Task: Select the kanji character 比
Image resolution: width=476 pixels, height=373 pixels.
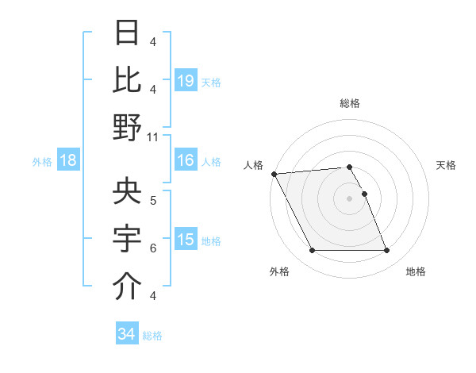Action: pyautogui.click(x=127, y=79)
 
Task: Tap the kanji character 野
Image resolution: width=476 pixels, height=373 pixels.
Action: pyautogui.click(x=127, y=127)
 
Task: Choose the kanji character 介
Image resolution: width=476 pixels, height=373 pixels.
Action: pyautogui.click(x=127, y=286)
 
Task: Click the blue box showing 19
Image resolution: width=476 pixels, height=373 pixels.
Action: pyautogui.click(x=185, y=80)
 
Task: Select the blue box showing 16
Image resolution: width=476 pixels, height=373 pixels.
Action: pyautogui.click(x=185, y=161)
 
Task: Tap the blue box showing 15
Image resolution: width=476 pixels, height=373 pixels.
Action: pyautogui.click(x=185, y=240)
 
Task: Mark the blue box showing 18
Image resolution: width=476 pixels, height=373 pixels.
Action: pyautogui.click(x=68, y=161)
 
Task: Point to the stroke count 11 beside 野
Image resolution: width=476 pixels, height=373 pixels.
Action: pyautogui.click(x=153, y=136)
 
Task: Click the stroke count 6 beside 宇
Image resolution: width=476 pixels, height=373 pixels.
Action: pyautogui.click(x=153, y=248)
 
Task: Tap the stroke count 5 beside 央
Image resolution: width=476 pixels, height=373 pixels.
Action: pyautogui.click(x=153, y=200)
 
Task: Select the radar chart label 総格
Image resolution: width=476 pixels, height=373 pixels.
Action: pyautogui.click(x=350, y=103)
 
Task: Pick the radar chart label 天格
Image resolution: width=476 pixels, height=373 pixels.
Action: pyautogui.click(x=447, y=165)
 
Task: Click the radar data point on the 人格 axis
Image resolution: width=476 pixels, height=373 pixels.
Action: pyautogui.click(x=274, y=173)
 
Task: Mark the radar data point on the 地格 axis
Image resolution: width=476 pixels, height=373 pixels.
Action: pyautogui.click(x=387, y=251)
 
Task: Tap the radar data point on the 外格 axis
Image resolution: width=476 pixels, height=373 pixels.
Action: pyautogui.click(x=312, y=251)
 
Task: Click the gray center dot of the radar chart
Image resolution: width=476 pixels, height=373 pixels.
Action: pyautogui.click(x=349, y=198)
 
